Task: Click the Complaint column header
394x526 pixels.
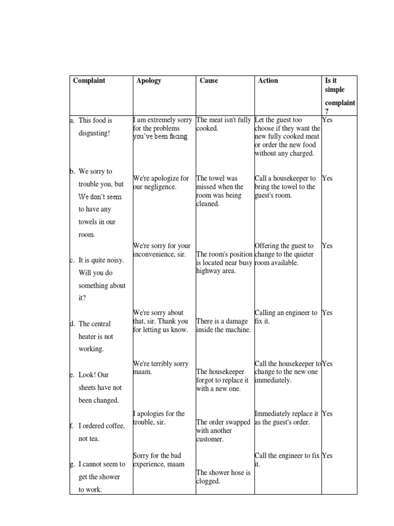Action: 89,81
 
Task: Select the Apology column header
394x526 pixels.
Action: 149,81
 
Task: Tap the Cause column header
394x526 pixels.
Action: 209,81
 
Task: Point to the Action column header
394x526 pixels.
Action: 268,81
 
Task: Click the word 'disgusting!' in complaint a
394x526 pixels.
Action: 94,133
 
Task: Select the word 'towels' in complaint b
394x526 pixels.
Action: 90,222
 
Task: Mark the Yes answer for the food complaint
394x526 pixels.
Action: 327,120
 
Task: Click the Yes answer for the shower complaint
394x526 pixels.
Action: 327,455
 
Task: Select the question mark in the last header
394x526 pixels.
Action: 327,111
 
